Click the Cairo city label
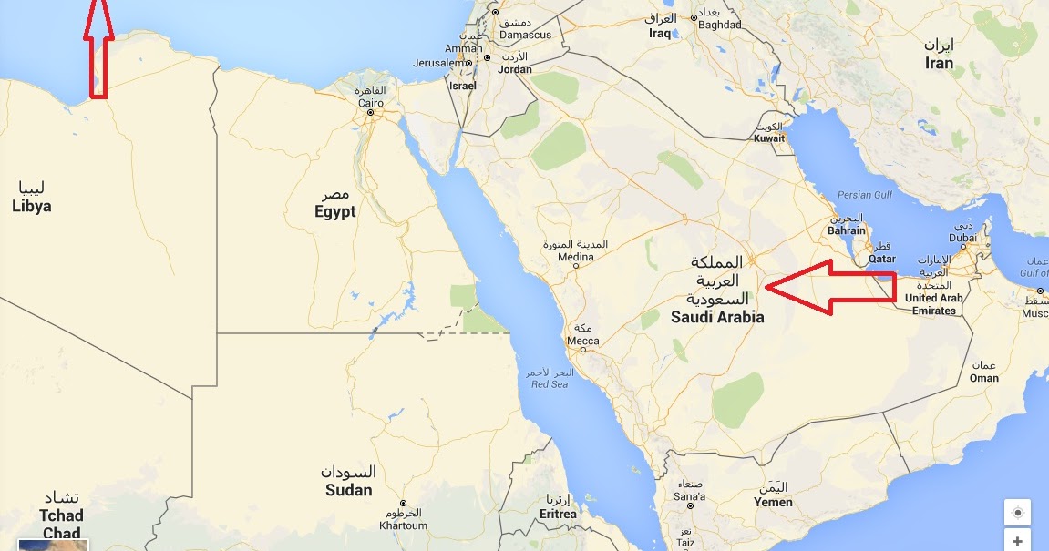[x=370, y=104]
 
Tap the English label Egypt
[x=334, y=212]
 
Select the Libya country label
[x=32, y=207]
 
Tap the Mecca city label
[x=583, y=342]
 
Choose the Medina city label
[x=575, y=258]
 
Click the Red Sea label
[x=550, y=384]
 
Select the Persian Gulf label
[x=866, y=194]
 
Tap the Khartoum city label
[x=403, y=525]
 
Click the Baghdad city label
[x=719, y=26]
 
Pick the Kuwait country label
[x=769, y=139]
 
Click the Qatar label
[x=881, y=259]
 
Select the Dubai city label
[x=962, y=238]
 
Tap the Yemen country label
[x=773, y=502]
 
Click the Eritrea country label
[x=557, y=514]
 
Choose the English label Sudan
[x=348, y=490]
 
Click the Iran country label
[x=939, y=63]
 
